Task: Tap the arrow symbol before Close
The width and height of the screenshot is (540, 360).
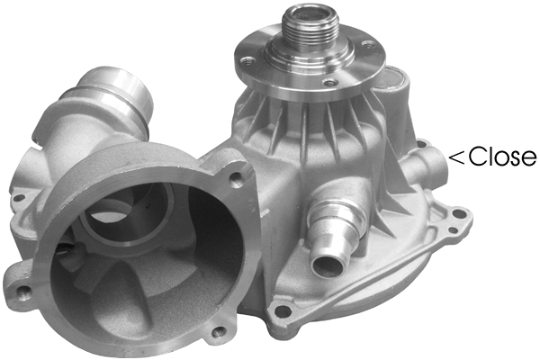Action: (456, 157)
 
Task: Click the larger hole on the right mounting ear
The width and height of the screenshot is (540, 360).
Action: (459, 214)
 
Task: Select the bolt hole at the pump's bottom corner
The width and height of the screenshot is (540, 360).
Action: (283, 311)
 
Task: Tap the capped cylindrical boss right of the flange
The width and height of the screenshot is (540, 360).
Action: (394, 90)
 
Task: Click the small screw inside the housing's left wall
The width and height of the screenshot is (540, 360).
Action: (64, 240)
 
